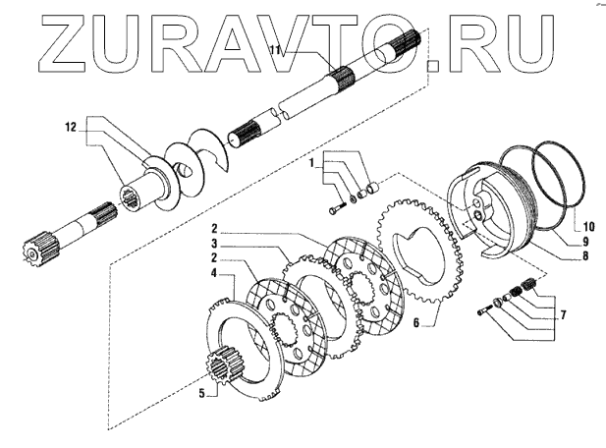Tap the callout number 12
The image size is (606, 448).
[x=70, y=127]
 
